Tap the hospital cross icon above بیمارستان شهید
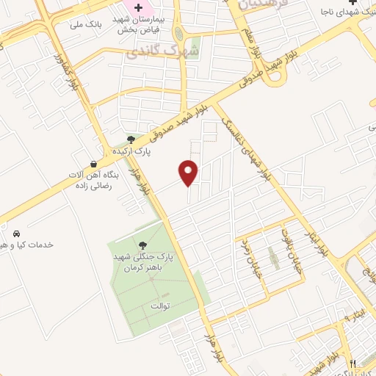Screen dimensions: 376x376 point(138,7)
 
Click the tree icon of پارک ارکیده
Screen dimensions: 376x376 point(131,139)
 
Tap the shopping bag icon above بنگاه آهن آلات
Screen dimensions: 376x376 point(93,164)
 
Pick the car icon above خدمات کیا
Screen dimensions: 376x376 point(17,234)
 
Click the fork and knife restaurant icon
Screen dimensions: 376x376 point(352,364)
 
